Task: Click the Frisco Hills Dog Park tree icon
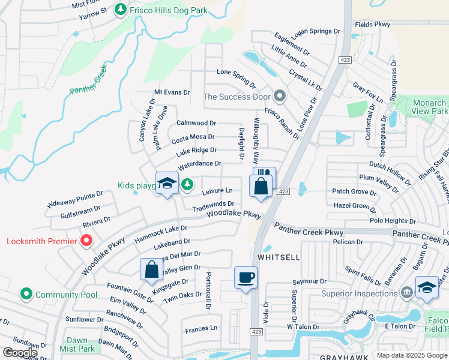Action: (x=121, y=10)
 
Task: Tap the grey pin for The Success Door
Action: (x=279, y=96)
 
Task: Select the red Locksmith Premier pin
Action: (x=86, y=241)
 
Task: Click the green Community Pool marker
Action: (x=26, y=295)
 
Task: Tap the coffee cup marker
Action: (x=246, y=278)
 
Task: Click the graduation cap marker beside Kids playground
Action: (x=167, y=184)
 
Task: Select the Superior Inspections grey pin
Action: (x=407, y=293)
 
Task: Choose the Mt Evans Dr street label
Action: (x=172, y=92)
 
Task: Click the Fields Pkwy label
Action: (x=372, y=25)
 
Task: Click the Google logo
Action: (x=20, y=353)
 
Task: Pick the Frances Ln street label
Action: (x=201, y=328)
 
